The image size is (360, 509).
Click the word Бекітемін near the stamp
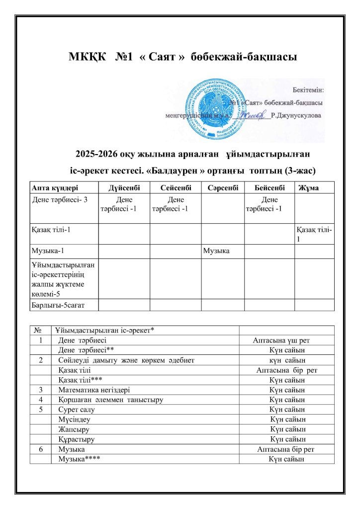tap(307, 90)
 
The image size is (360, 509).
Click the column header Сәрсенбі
tap(222, 187)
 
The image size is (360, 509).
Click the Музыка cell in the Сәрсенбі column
tap(216, 249)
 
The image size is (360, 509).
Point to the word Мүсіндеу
tap(74, 420)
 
